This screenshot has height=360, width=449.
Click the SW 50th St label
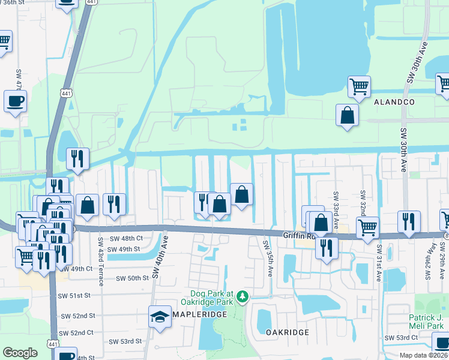point(132,278)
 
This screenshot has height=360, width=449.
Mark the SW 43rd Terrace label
point(100,262)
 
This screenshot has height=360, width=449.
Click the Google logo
point(20,353)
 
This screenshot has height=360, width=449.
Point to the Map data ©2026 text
point(423,355)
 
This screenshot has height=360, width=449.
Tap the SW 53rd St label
point(125,341)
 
